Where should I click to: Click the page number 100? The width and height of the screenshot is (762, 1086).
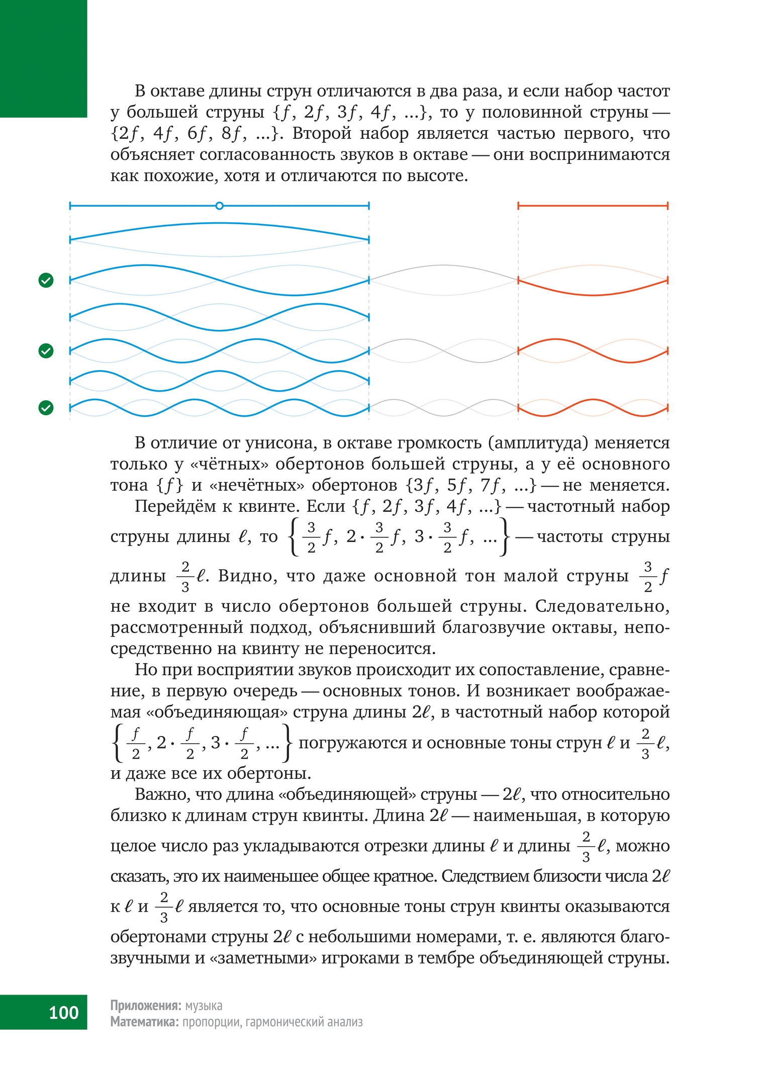point(63,1012)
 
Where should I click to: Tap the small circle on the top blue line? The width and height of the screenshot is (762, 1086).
point(219,206)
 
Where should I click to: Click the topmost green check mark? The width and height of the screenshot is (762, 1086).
point(46,280)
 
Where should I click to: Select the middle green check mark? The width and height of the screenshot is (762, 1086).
point(46,350)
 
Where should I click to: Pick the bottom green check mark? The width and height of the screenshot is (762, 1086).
point(46,408)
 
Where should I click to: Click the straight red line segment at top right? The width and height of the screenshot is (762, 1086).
point(593,206)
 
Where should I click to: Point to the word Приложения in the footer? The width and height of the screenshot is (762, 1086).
point(145,1005)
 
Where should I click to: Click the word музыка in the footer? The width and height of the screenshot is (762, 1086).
point(204,1005)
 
